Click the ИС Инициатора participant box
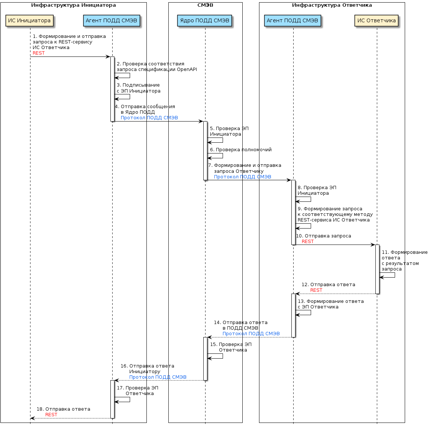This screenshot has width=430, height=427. (29, 21)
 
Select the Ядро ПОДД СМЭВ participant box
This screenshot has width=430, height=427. (205, 21)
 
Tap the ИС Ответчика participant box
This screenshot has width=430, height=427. (376, 21)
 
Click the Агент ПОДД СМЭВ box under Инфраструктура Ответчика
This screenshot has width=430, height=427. (292, 21)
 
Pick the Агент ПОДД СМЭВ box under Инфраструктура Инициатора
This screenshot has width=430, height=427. (111, 21)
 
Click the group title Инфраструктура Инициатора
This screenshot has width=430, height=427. (74, 5)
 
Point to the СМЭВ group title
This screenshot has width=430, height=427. (205, 5)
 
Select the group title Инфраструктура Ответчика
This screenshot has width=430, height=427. (332, 5)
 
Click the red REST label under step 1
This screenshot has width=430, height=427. (39, 53)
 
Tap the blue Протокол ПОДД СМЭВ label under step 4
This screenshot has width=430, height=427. (149, 118)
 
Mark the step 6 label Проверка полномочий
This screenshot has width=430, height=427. (241, 150)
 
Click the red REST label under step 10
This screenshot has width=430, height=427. (308, 242)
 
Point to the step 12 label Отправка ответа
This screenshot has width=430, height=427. (328, 285)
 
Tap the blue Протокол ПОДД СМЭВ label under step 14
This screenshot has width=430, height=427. (251, 334)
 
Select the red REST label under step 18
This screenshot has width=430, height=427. (51, 415)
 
